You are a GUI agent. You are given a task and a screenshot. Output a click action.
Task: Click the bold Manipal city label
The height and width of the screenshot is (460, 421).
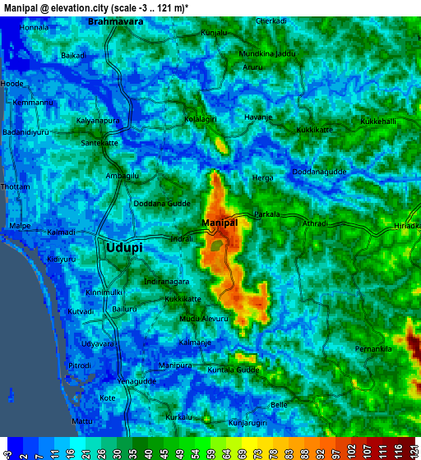pyautogui.click(x=220, y=223)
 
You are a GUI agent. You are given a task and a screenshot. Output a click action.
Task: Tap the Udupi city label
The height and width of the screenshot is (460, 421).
pyautogui.click(x=123, y=246)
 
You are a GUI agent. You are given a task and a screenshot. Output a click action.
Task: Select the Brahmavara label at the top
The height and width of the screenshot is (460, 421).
pyautogui.click(x=115, y=21)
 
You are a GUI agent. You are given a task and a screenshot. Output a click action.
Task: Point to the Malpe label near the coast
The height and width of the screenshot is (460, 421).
pyautogui.click(x=19, y=225)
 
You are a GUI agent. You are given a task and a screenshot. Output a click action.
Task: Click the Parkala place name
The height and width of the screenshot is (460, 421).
pyautogui.click(x=266, y=214)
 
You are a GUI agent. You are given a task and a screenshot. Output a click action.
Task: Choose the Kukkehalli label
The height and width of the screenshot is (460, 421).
pyautogui.click(x=378, y=122)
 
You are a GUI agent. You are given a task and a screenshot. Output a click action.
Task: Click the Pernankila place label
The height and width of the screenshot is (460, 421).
pyautogui.click(x=374, y=327)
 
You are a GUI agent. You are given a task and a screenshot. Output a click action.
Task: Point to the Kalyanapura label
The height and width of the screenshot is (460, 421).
pyautogui.click(x=98, y=120)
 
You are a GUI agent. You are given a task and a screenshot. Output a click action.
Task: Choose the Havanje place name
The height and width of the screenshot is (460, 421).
pyautogui.click(x=258, y=117)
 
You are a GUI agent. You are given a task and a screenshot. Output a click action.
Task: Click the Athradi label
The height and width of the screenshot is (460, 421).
pyautogui.click(x=315, y=223)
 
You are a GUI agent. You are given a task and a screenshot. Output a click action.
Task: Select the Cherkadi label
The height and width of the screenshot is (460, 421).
pyautogui.click(x=271, y=21)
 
